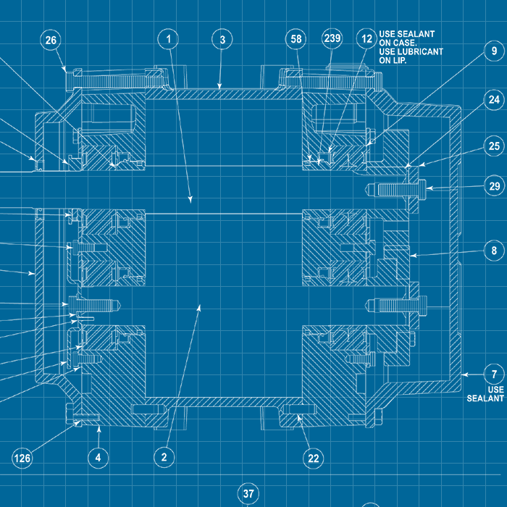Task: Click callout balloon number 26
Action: tap(51, 41)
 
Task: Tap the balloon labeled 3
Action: tap(222, 38)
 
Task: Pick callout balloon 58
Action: tap(296, 38)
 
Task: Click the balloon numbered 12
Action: tap(367, 38)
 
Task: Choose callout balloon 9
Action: tap(494, 51)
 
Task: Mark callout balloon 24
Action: tap(494, 99)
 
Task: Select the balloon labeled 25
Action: tap(494, 146)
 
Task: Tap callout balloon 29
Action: tap(494, 186)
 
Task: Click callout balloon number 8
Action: tap(494, 251)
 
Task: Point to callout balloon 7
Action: tap(494, 374)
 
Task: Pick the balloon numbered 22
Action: tap(313, 457)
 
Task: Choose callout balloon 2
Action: tap(164, 457)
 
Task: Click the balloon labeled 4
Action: tap(98, 457)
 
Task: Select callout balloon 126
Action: tap(22, 457)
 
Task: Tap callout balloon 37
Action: tap(248, 494)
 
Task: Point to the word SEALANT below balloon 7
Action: tap(485, 398)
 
